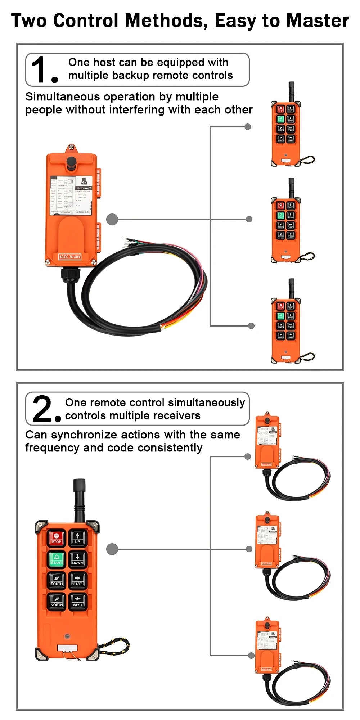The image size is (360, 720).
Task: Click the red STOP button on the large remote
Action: tap(57, 537)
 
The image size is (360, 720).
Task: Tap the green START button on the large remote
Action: tap(57, 559)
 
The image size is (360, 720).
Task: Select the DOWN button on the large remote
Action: tap(77, 559)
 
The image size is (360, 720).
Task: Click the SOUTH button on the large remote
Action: tap(57, 580)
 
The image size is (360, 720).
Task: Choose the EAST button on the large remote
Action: tap(77, 580)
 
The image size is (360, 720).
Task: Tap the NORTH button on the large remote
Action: tap(57, 601)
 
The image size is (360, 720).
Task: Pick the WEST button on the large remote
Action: tap(77, 601)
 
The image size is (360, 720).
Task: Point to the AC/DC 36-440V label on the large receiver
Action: tap(70, 257)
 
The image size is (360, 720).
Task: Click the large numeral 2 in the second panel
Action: tap(42, 409)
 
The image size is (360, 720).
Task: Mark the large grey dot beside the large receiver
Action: tap(112, 219)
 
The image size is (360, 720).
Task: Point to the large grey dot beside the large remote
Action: tap(112, 549)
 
